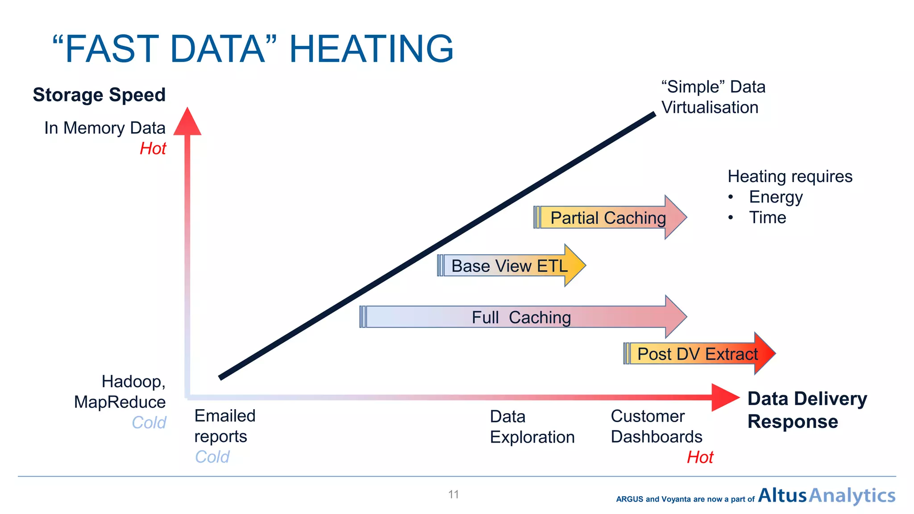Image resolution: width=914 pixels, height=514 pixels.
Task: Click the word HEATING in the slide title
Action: (371, 49)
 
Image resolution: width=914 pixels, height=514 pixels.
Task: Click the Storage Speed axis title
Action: (99, 95)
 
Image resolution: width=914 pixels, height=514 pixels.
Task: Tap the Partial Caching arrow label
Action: (608, 218)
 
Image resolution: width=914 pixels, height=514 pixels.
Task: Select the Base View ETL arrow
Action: (509, 266)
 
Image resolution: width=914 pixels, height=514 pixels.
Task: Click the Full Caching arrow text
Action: (521, 317)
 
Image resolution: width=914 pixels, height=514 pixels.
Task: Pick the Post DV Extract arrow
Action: (697, 354)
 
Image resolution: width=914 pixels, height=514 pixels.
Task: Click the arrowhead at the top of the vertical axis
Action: (187, 121)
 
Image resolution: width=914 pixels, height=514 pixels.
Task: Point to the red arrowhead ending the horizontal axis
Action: (724, 397)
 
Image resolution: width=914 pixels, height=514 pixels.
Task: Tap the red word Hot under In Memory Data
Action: (153, 149)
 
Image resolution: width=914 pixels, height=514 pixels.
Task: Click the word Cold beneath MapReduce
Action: (149, 423)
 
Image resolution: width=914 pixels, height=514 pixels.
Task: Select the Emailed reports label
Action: (224, 426)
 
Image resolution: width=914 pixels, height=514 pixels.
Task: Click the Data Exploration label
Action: (532, 427)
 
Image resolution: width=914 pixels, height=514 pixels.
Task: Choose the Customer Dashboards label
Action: (656, 427)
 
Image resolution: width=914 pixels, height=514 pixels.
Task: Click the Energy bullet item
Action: (776, 197)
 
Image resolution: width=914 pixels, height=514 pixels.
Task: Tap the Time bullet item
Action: (768, 218)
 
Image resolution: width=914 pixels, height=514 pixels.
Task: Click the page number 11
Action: (453, 494)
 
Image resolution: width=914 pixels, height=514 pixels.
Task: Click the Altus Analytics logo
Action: (827, 495)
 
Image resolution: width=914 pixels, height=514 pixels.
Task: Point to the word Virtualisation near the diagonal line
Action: (710, 108)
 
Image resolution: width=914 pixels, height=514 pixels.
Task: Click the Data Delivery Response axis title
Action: (807, 410)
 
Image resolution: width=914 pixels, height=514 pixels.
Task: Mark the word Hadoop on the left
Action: (133, 381)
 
